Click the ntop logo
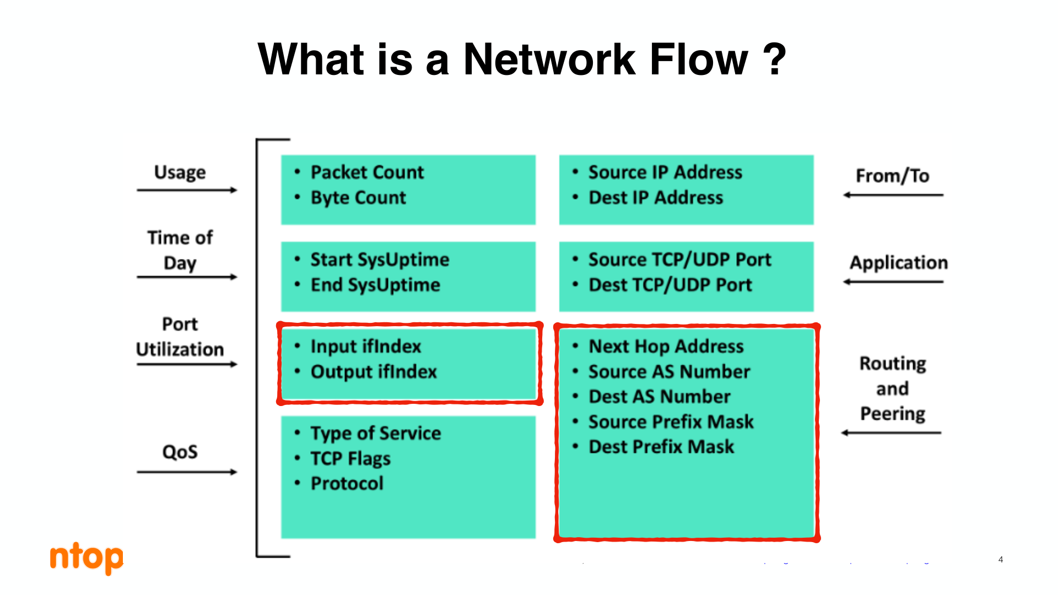(87, 558)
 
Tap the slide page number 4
(1001, 560)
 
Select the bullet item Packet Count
(367, 172)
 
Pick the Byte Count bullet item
(358, 198)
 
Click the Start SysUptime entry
(380, 259)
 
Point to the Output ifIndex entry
(374, 372)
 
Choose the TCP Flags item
(350, 458)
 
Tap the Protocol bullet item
(347, 483)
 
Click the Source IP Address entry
(665, 172)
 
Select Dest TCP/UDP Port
(670, 285)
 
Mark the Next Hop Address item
(666, 347)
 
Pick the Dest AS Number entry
(660, 397)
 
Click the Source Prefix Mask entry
(671, 422)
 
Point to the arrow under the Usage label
(187, 190)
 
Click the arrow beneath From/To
(893, 195)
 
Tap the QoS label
(180, 452)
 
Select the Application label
(899, 263)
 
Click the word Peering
(893, 414)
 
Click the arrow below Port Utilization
(187, 364)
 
